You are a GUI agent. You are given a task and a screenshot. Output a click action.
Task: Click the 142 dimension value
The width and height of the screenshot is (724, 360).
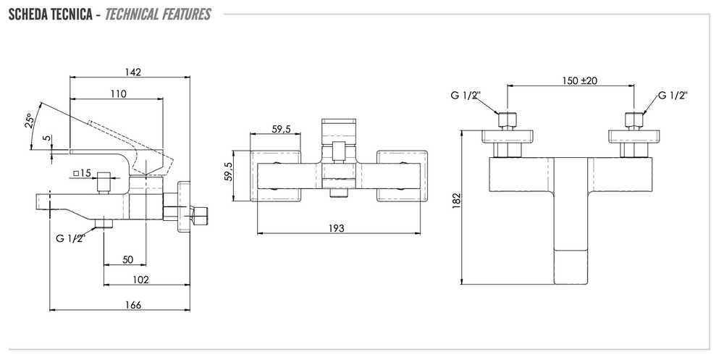point(132,72)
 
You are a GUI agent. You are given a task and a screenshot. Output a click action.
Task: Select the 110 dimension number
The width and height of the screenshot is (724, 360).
point(118,94)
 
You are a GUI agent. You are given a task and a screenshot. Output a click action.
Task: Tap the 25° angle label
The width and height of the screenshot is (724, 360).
point(30,121)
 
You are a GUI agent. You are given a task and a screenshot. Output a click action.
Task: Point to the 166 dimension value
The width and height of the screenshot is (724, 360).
point(132,305)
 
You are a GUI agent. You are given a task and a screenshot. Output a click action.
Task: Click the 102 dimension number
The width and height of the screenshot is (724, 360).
point(140,280)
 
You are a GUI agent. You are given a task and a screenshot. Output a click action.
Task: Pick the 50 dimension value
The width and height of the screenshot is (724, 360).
point(128,260)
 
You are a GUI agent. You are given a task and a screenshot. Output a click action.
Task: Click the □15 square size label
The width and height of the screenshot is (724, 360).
point(82,174)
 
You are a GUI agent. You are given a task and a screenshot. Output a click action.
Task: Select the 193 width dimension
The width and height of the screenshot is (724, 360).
point(337,228)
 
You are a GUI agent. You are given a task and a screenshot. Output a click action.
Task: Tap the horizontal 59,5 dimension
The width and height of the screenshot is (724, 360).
point(281,130)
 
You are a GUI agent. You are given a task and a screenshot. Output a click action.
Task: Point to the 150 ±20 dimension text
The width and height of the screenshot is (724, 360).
point(579,80)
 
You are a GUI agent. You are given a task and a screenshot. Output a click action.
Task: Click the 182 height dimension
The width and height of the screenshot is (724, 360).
point(457,201)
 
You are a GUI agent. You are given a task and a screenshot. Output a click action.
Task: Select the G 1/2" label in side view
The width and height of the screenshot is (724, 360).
point(71,239)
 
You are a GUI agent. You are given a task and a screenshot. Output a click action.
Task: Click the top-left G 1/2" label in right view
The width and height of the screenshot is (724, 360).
point(466,96)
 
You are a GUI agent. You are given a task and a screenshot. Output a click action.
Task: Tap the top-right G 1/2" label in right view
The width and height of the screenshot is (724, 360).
point(673,96)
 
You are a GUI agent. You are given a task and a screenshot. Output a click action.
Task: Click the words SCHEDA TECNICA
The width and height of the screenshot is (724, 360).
point(51,14)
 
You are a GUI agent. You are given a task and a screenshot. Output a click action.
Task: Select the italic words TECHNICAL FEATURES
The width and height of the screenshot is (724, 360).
point(158,14)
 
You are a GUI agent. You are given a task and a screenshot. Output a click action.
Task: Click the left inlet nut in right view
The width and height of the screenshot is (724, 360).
point(507,120)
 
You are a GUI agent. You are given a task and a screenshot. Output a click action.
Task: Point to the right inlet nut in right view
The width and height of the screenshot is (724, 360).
point(634,120)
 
